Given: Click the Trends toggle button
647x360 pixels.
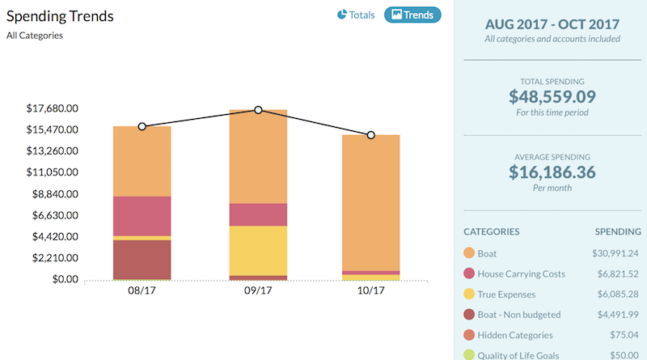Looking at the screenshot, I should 412,15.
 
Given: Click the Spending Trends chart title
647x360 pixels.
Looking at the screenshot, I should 60,15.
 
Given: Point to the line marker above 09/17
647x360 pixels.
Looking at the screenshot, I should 258,110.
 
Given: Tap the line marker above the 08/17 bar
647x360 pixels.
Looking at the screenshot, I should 142,126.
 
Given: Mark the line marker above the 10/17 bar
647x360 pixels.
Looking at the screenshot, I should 371,135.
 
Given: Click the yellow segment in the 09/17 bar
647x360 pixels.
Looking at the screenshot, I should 258,250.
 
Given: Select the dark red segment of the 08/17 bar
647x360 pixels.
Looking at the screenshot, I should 142,259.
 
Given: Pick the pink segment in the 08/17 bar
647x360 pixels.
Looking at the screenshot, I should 142,215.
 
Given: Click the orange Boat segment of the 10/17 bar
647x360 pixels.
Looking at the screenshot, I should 371,202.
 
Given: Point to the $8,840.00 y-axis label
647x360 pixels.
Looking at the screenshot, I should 53,194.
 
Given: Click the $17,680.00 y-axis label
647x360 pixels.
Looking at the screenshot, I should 53,108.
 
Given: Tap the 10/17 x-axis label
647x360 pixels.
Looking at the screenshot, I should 371,290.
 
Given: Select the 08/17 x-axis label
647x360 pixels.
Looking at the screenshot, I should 142,290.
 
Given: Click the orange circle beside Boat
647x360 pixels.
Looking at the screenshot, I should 468,254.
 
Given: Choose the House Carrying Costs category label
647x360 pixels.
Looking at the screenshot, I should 521,274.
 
